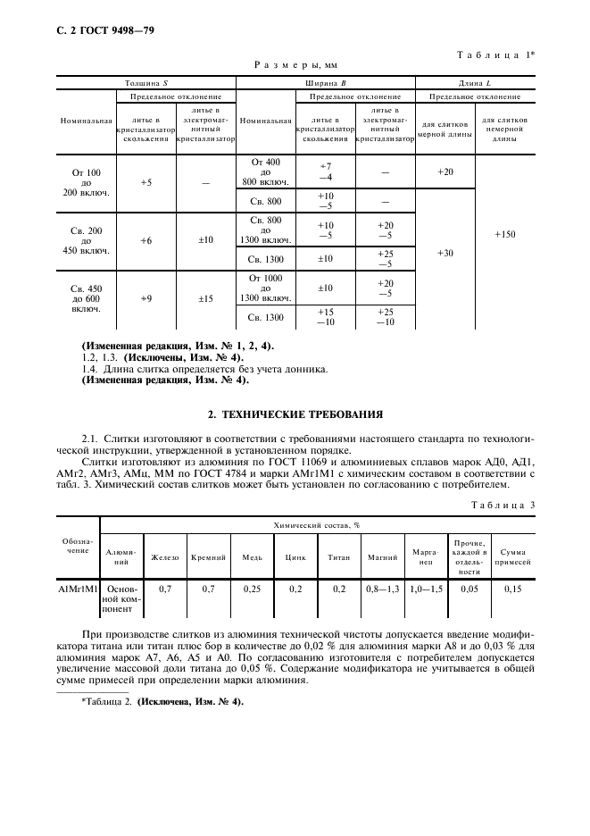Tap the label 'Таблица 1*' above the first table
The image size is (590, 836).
point(495,55)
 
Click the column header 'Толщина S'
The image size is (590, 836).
point(146,83)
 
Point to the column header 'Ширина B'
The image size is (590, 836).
point(326,83)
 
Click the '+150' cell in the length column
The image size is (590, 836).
point(505,234)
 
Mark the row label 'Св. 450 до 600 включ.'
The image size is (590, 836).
point(87,298)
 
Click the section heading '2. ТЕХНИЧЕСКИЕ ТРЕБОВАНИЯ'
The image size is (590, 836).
point(295,414)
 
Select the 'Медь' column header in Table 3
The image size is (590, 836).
point(252,557)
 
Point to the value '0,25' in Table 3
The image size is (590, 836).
point(252,589)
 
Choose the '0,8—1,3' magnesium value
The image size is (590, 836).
point(382,589)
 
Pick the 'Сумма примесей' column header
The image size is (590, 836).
point(514,557)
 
